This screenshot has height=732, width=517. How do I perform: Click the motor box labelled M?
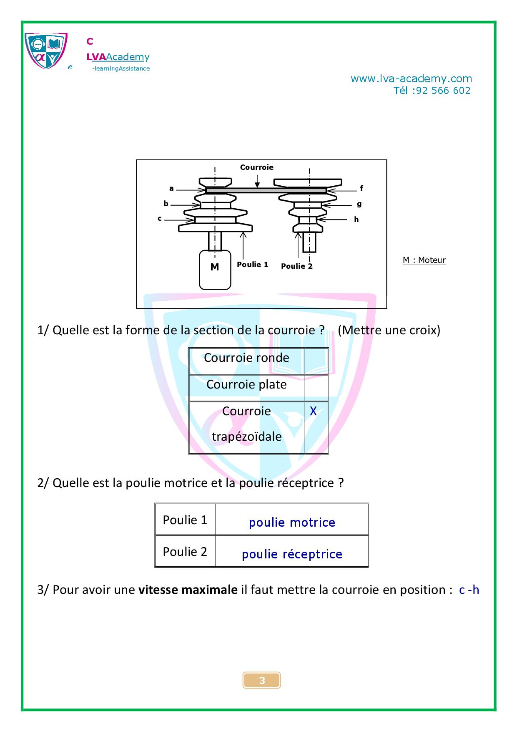coord(215,270)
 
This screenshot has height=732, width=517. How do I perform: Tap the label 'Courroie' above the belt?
coord(257,167)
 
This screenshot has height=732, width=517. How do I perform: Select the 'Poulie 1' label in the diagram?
coord(252,265)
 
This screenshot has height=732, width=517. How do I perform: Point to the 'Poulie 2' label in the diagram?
coord(297,266)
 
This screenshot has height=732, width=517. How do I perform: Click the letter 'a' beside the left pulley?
coord(171,189)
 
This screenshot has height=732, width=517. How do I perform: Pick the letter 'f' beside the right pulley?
coord(361,188)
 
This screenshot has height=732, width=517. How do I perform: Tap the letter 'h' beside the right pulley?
coord(356,220)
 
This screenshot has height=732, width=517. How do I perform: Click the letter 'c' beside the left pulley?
coord(160,218)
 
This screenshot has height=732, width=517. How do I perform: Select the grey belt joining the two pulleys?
coord(266,191)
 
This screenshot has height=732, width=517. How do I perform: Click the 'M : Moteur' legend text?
coord(424,260)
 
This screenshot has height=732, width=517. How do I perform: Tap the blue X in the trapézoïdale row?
coord(313,411)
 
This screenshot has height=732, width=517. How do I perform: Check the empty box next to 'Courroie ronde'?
coord(316,361)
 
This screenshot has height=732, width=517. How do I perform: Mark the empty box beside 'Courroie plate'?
coord(316,388)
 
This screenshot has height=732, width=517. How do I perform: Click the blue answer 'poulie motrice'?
coord(292,522)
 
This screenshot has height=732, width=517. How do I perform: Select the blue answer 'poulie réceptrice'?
coord(292,554)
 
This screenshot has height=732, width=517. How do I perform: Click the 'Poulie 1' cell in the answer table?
coord(185,520)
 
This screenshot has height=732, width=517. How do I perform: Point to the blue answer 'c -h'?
coord(469,590)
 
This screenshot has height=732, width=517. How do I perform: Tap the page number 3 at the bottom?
coord(262,681)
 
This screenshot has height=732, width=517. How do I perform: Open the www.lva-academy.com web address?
coord(411,78)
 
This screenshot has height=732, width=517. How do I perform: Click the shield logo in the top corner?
coord(46,51)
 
